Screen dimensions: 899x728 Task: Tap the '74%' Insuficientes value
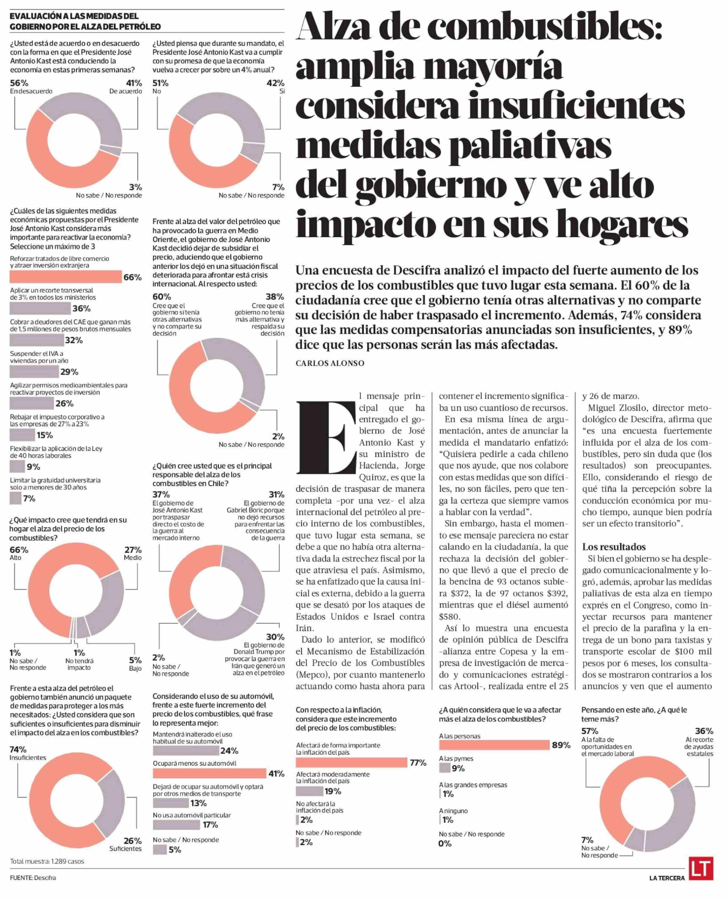[18, 749]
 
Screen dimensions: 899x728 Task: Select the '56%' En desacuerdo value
[19, 83]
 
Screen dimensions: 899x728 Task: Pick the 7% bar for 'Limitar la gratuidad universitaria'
[16, 498]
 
